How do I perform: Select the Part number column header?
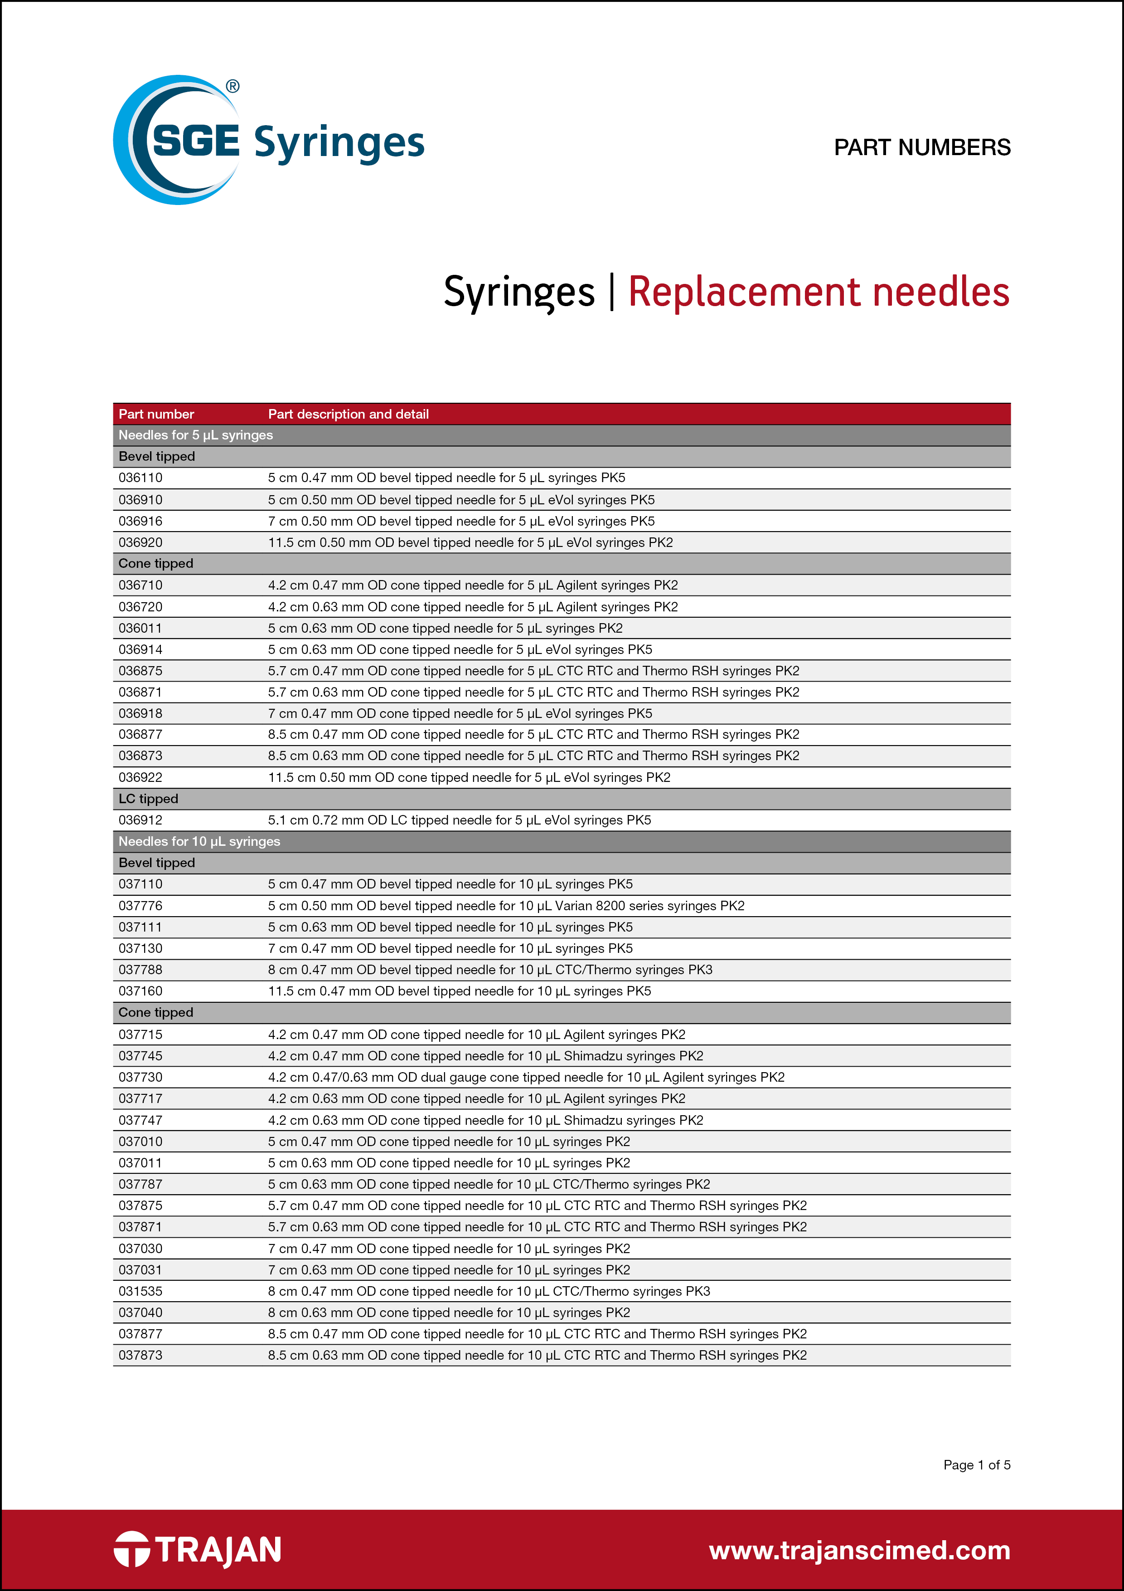(156, 414)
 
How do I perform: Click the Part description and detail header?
(349, 414)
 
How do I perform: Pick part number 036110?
(140, 478)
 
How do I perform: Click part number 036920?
(140, 542)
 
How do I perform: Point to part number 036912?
(140, 820)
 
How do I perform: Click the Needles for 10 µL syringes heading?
(199, 841)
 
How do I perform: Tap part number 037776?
(140, 906)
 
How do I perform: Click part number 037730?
(140, 1077)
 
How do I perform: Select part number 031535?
(140, 1291)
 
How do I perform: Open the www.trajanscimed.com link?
(859, 1550)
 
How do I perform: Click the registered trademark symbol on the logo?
(233, 87)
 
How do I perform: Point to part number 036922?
(140, 777)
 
